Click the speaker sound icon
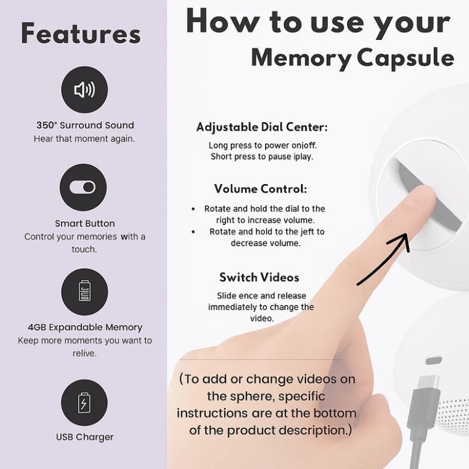pyautogui.click(x=84, y=90)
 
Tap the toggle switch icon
pyautogui.click(x=83, y=187)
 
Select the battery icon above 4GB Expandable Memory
pyautogui.click(x=84, y=290)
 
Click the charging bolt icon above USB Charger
pyautogui.click(x=84, y=403)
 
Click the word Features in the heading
pyautogui.click(x=81, y=33)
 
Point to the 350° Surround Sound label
pyautogui.click(x=85, y=125)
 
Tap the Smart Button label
pyautogui.click(x=85, y=223)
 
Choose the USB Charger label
pyautogui.click(x=85, y=437)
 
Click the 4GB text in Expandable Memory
pyautogui.click(x=37, y=327)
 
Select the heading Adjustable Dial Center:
pyautogui.click(x=262, y=127)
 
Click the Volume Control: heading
pyautogui.click(x=260, y=189)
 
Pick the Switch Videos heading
pyautogui.click(x=259, y=277)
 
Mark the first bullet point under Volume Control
pyautogui.click(x=193, y=209)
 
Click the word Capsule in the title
pyautogui.click(x=406, y=59)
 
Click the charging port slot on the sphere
pyautogui.click(x=433, y=361)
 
